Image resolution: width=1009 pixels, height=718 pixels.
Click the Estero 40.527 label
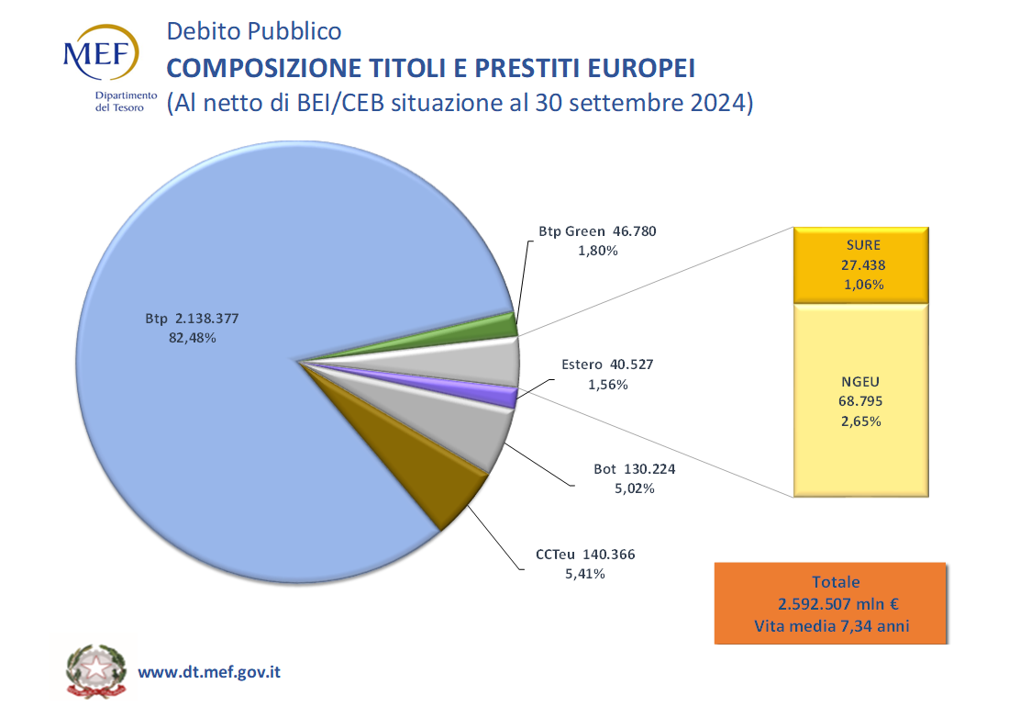pos(607,365)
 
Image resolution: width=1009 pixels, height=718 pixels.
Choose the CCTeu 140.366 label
pos(585,555)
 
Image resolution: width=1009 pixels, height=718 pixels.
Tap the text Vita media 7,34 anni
pos(831,626)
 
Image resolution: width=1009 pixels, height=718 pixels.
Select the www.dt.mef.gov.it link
pos(209,672)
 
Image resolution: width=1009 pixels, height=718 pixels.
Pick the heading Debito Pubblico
pos(254,31)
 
